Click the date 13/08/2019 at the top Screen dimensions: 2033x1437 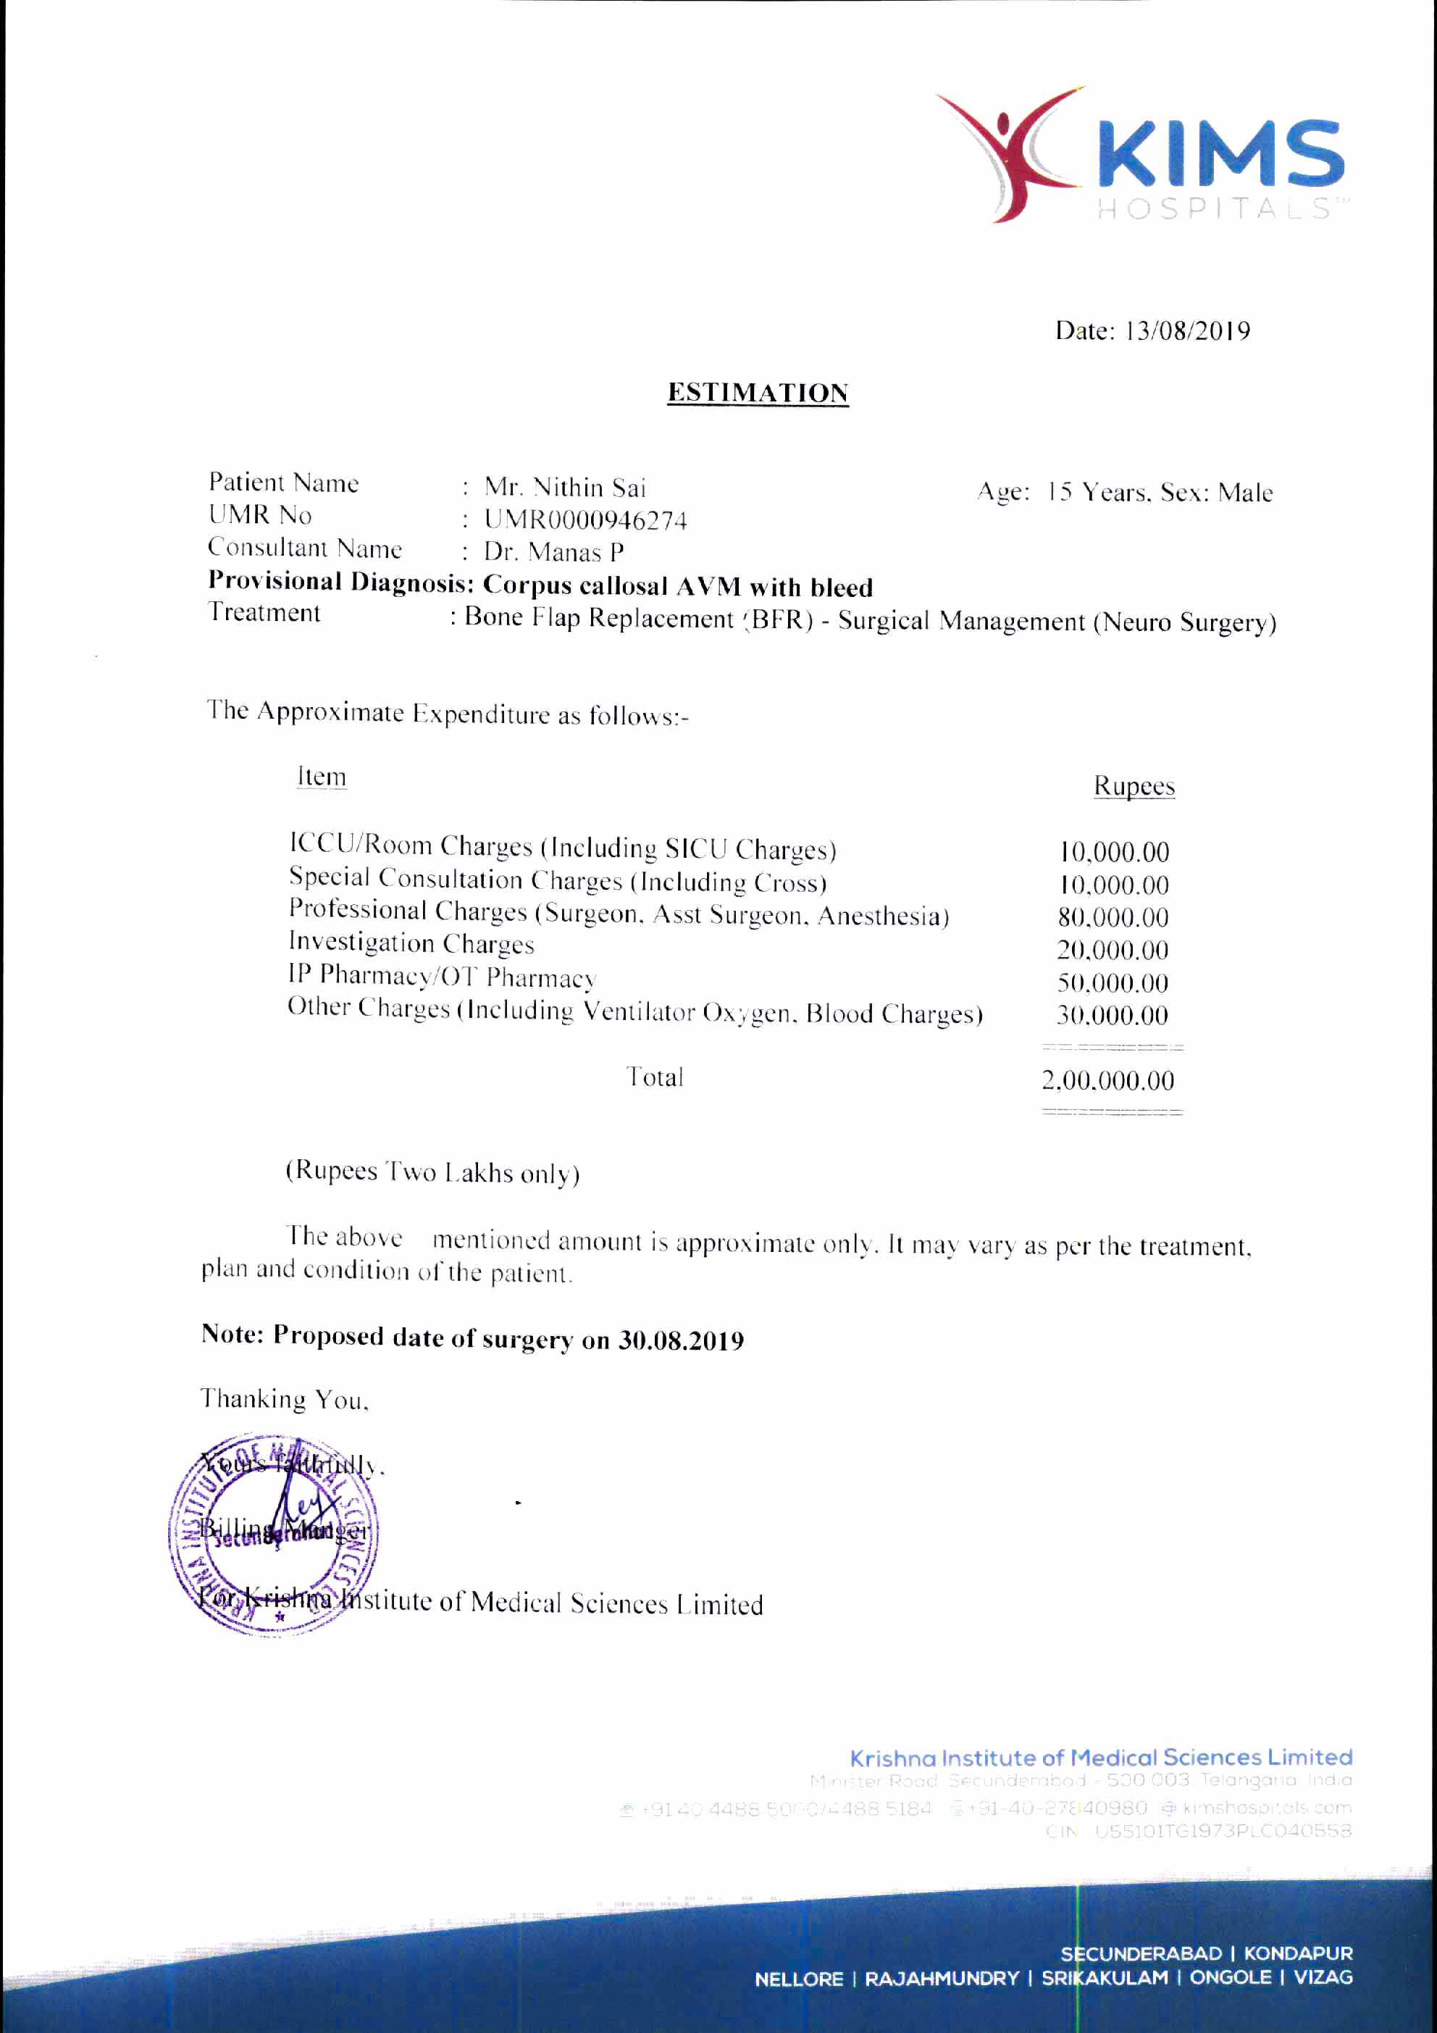(x=1188, y=332)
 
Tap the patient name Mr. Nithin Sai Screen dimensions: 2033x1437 (x=565, y=488)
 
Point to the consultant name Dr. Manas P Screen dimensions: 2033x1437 (x=553, y=553)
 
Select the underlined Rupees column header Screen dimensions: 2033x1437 (x=1134, y=786)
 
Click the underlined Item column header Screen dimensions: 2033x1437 (x=322, y=777)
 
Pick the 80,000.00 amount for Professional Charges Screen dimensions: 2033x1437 (x=1113, y=917)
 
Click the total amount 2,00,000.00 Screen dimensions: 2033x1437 (x=1107, y=1080)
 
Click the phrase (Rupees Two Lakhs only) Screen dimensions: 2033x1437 (x=432, y=1172)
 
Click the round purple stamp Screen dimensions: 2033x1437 (x=273, y=1532)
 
